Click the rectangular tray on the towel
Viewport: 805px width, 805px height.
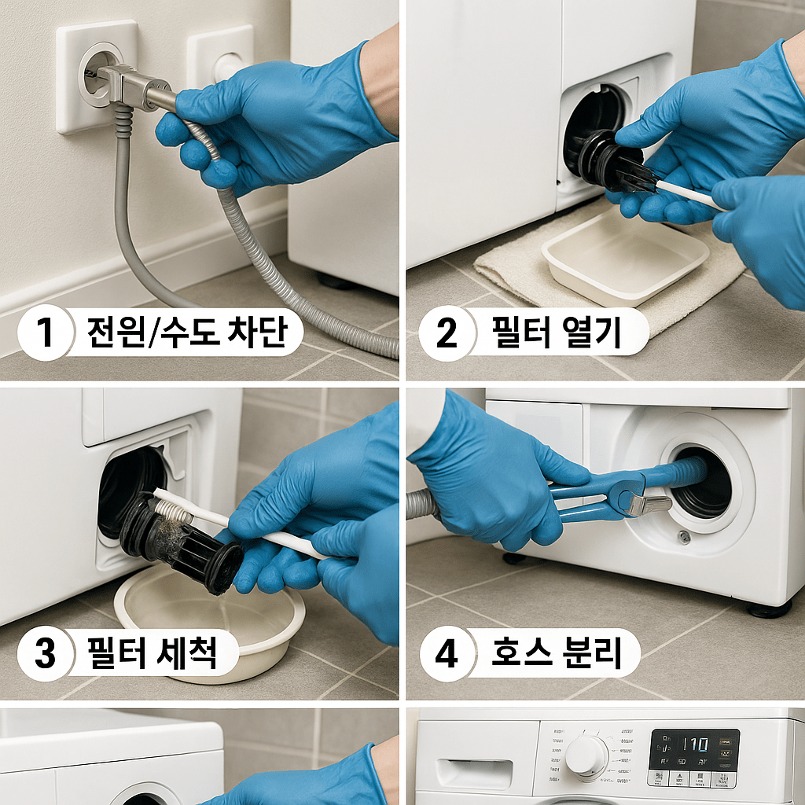click(x=624, y=259)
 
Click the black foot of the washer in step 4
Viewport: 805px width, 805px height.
click(x=768, y=609)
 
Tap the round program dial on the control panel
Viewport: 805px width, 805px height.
click(x=586, y=756)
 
